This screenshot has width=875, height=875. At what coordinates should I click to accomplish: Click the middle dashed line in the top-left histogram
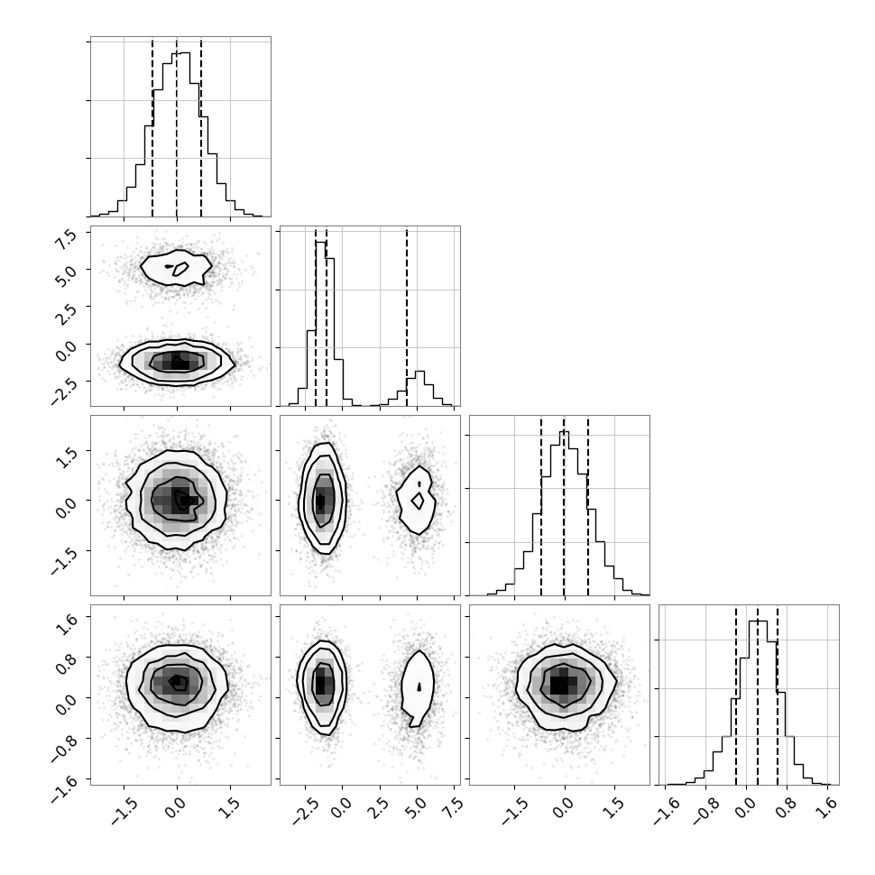point(177,128)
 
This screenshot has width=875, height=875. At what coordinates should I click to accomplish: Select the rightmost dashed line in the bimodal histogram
point(407,317)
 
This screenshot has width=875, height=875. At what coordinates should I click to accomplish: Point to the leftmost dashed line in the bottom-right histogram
point(736,695)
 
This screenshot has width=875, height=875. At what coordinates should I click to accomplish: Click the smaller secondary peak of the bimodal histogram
point(420,373)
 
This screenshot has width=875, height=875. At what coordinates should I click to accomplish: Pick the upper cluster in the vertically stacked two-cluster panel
point(176,267)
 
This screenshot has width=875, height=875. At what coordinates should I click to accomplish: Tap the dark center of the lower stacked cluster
point(178,362)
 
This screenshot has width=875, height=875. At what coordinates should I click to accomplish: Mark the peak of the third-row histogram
point(564,432)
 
